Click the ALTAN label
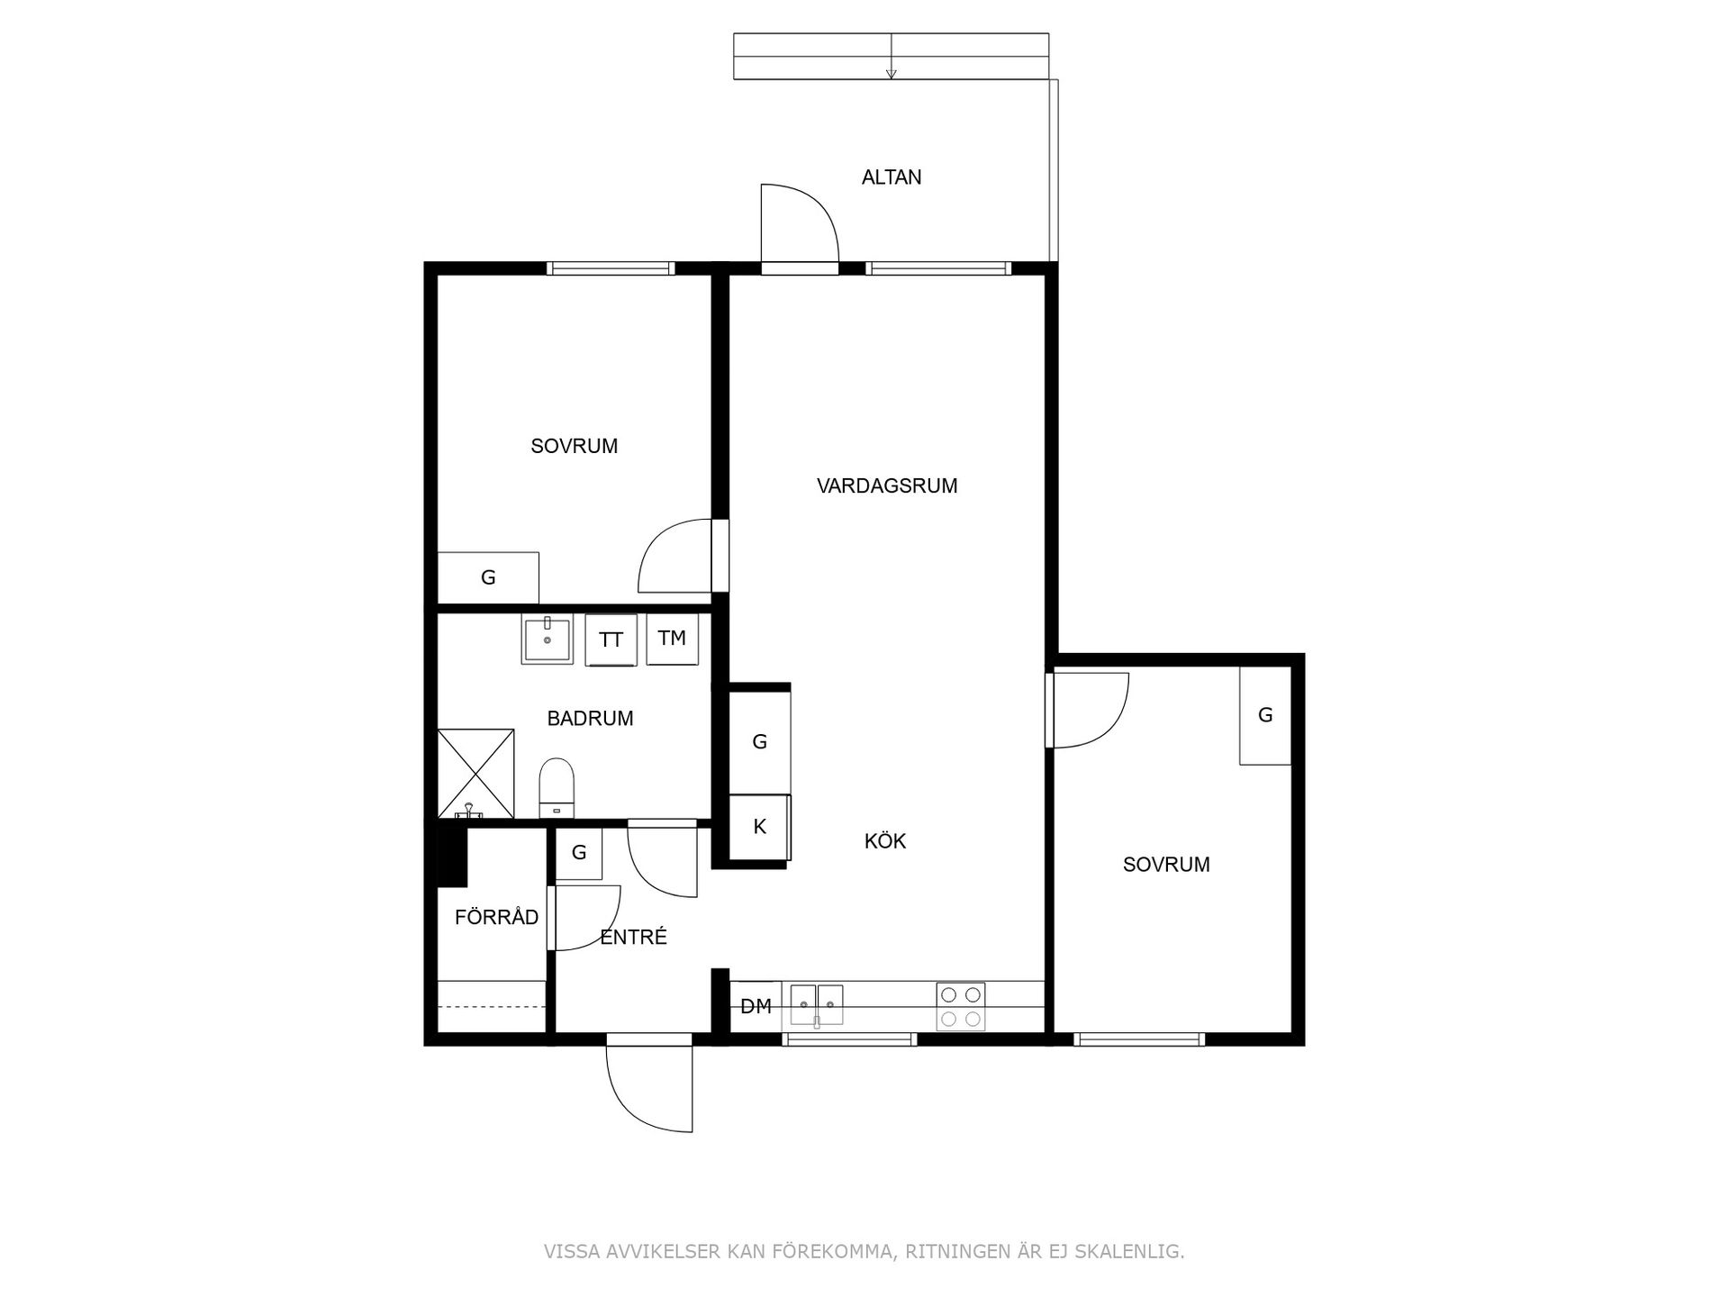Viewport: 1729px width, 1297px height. (892, 177)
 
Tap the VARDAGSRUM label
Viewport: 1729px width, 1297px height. (887, 486)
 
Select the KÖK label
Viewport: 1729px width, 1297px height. (885, 841)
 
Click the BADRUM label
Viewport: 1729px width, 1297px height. (591, 719)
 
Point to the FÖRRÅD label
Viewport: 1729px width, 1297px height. (497, 917)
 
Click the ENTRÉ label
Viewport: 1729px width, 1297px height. (634, 937)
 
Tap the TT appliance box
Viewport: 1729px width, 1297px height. (611, 639)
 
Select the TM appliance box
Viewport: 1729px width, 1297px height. (672, 639)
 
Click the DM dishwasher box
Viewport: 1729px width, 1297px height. (756, 1006)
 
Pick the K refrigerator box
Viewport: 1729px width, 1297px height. (759, 827)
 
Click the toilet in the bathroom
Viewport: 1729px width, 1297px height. (557, 787)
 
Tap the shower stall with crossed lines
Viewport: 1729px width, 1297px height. (475, 774)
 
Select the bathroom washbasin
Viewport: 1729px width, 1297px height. (547, 639)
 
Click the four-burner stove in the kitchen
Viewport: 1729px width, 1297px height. (961, 1006)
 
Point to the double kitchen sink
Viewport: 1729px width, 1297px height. (817, 1004)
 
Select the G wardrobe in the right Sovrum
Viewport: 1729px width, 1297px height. (1265, 715)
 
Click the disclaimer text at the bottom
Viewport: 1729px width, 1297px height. (864, 1251)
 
